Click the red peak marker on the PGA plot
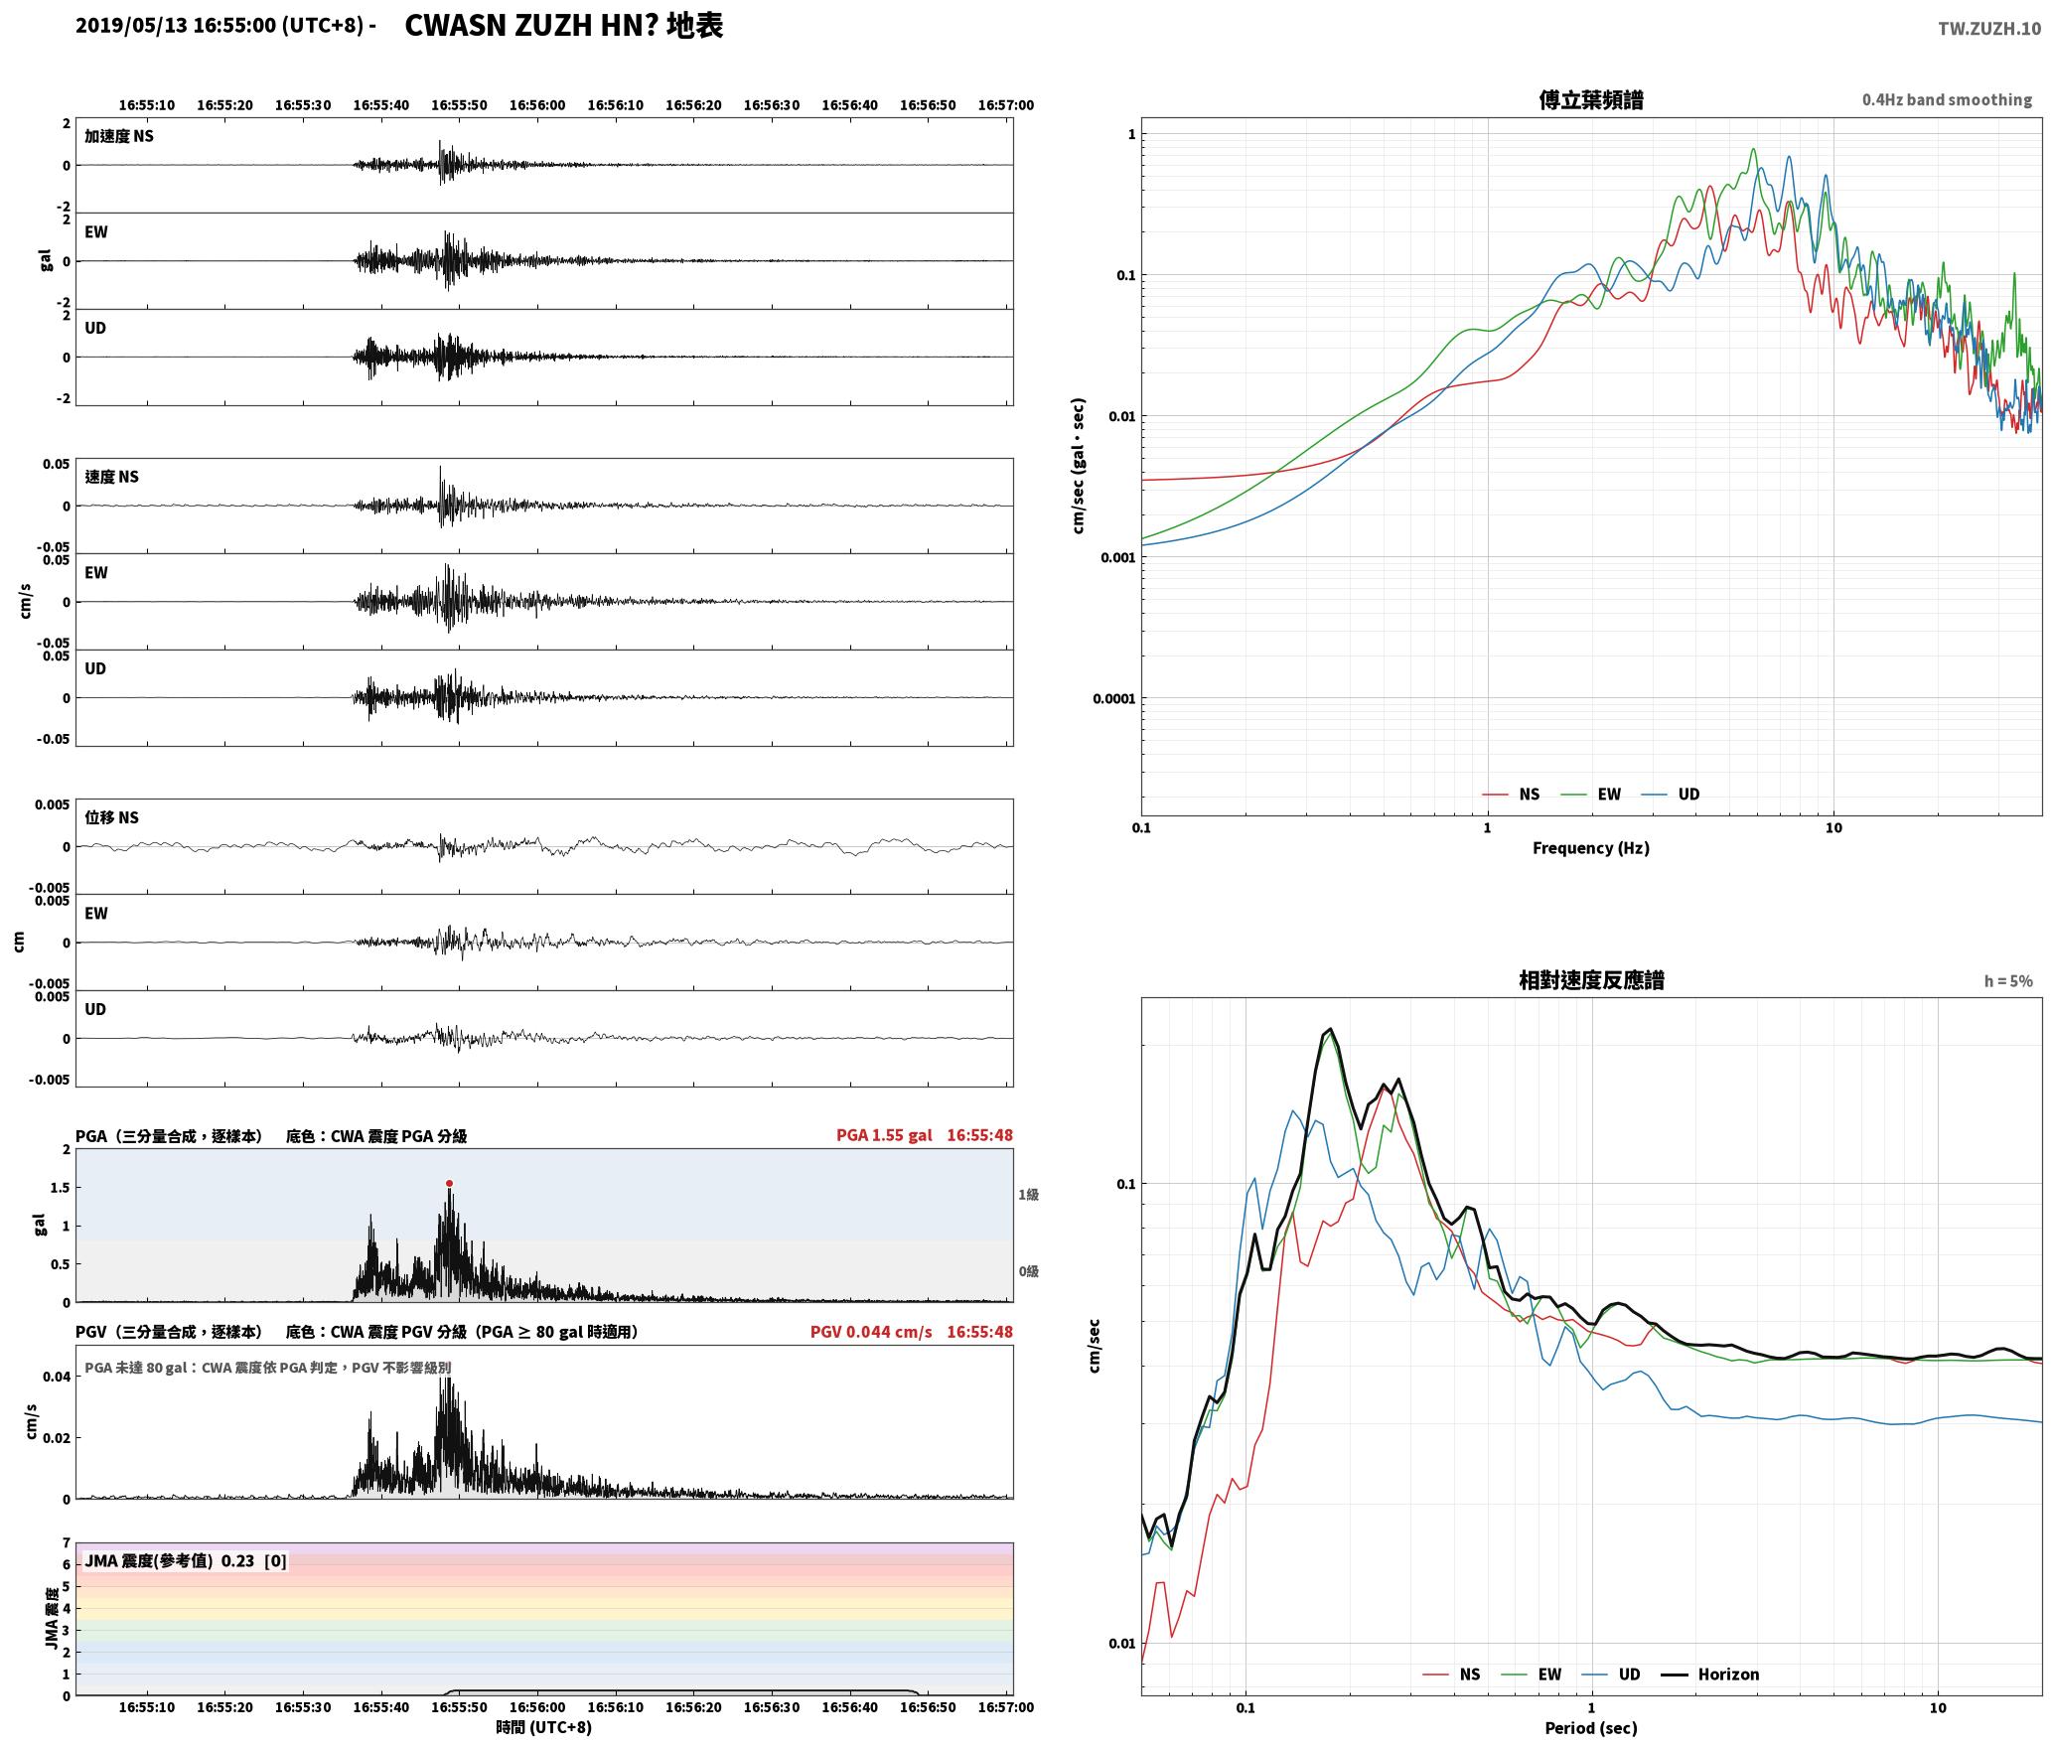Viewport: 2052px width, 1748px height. pyautogui.click(x=449, y=1183)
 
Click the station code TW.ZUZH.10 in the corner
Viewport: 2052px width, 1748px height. pyautogui.click(x=1988, y=28)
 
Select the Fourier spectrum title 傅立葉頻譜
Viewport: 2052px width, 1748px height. pyautogui.click(x=1590, y=99)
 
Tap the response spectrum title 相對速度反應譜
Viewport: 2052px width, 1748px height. pyautogui.click(x=1591, y=979)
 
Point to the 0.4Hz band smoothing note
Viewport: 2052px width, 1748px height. pyautogui.click(x=1947, y=99)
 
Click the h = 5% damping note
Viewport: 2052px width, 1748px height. pyautogui.click(x=2008, y=980)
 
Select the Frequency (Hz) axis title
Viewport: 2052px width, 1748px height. pyautogui.click(x=1590, y=847)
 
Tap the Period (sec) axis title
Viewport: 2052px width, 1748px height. pyautogui.click(x=1590, y=1727)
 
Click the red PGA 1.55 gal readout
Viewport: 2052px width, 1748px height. pyautogui.click(x=884, y=1134)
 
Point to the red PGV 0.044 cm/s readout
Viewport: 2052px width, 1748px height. pyautogui.click(x=871, y=1331)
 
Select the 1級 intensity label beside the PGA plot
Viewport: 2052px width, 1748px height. pyautogui.click(x=1028, y=1194)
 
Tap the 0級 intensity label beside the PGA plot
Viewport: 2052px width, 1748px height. pyautogui.click(x=1028, y=1270)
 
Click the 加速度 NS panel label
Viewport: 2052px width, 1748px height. pyautogui.click(x=119, y=136)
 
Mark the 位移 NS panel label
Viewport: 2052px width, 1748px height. pyautogui.click(x=111, y=816)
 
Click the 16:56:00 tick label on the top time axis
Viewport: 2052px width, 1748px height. pyautogui.click(x=537, y=104)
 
